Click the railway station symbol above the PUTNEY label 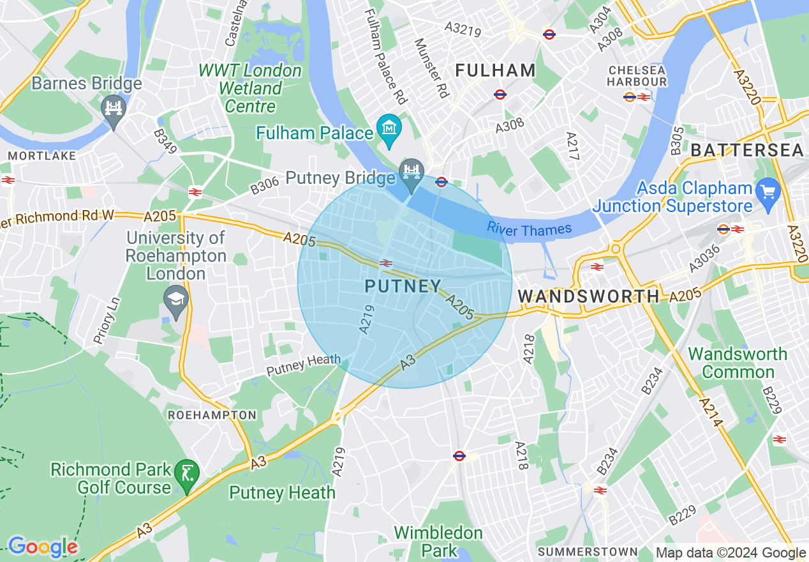(x=385, y=263)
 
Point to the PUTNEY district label (x=403, y=287)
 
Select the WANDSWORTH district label (x=588, y=296)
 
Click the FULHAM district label (x=495, y=70)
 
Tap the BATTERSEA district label (x=747, y=151)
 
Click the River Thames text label (x=529, y=228)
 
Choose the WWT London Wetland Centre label (x=249, y=88)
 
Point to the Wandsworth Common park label (x=737, y=363)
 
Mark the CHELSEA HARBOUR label (x=636, y=76)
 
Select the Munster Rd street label (x=432, y=68)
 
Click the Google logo (x=43, y=547)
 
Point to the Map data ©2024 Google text (x=731, y=553)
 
